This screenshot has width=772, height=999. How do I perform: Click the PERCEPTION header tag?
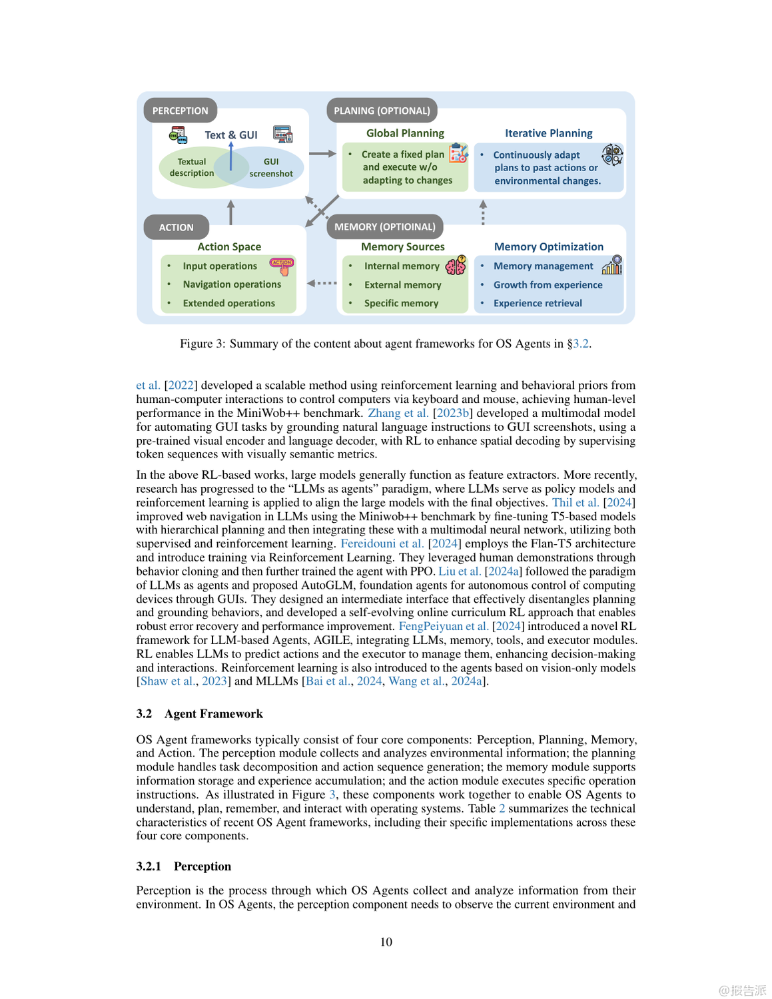coord(180,111)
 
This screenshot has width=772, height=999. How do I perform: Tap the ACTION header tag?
coord(176,227)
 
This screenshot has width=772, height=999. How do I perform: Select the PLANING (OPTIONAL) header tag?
coord(382,111)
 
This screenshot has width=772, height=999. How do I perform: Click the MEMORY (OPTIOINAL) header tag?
coord(384,227)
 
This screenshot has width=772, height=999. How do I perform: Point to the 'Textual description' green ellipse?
coord(191,167)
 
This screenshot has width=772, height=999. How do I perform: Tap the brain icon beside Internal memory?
coord(456,266)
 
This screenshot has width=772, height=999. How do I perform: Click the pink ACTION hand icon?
coord(282,266)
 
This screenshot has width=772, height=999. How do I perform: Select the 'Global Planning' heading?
coord(405,133)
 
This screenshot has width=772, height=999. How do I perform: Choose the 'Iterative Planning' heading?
coord(548,133)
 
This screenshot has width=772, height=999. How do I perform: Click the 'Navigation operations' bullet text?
coord(232,284)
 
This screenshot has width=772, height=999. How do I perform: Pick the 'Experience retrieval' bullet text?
coord(538,303)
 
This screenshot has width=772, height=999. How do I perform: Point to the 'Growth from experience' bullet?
coord(548,285)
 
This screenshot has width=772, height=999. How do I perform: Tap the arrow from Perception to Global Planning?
coord(322,153)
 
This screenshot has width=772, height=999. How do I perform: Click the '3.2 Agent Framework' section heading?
coord(199,713)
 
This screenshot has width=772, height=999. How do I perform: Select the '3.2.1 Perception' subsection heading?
coord(183,866)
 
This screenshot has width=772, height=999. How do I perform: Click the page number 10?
coord(386,942)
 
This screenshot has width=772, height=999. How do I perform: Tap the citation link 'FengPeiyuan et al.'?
coord(444,626)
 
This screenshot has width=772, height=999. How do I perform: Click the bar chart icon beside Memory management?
coord(612,265)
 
